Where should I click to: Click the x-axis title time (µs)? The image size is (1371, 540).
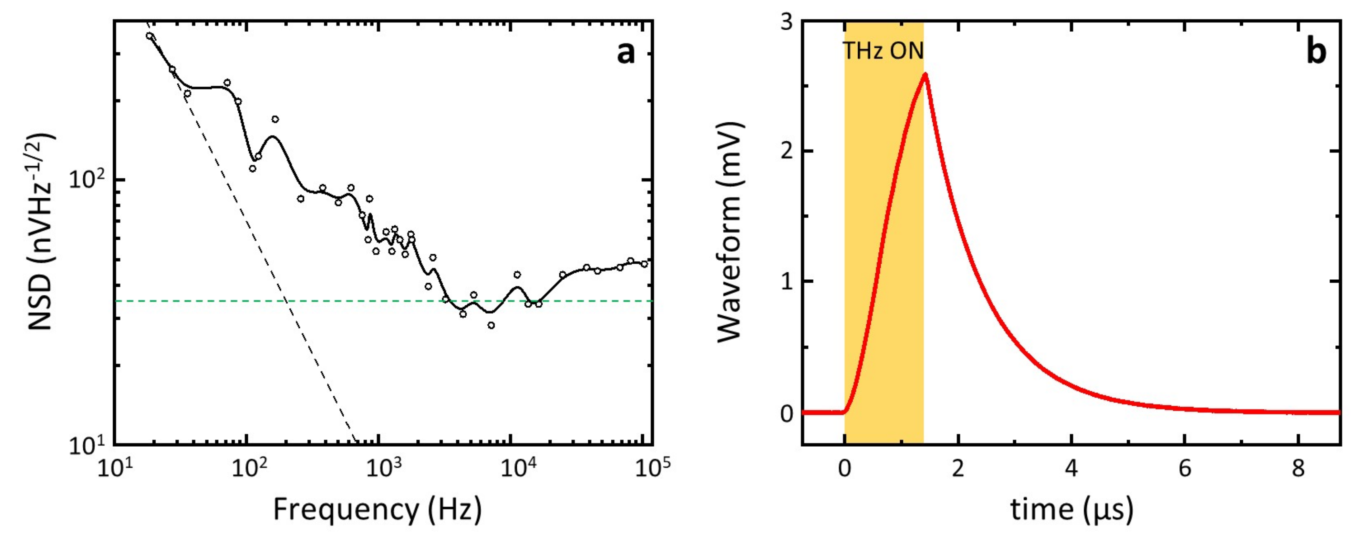click(x=1071, y=510)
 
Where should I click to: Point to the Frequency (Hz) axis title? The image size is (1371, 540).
click(x=377, y=510)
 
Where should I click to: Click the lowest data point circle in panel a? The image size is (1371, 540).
click(x=491, y=325)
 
